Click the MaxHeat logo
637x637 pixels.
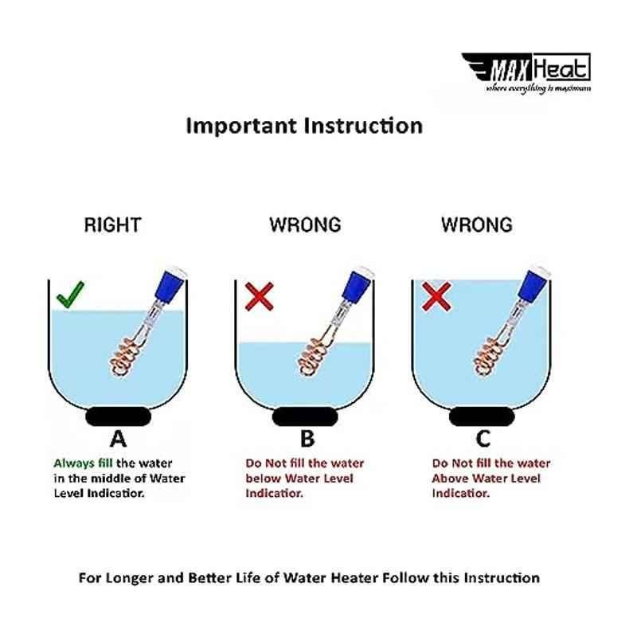(526, 73)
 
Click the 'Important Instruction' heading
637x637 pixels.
(304, 126)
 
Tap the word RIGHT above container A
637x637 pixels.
(112, 225)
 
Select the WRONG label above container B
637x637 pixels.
(305, 225)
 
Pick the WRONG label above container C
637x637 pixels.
(477, 225)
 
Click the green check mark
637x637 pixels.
(71, 294)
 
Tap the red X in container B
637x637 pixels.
(260, 296)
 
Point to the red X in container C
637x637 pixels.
(436, 296)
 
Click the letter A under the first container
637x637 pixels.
(118, 439)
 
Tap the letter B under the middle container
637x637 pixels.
(307, 439)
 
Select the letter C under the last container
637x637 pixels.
(483, 439)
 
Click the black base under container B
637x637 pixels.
(305, 416)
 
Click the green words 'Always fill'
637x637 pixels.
(83, 463)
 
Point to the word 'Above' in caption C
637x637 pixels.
(448, 479)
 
